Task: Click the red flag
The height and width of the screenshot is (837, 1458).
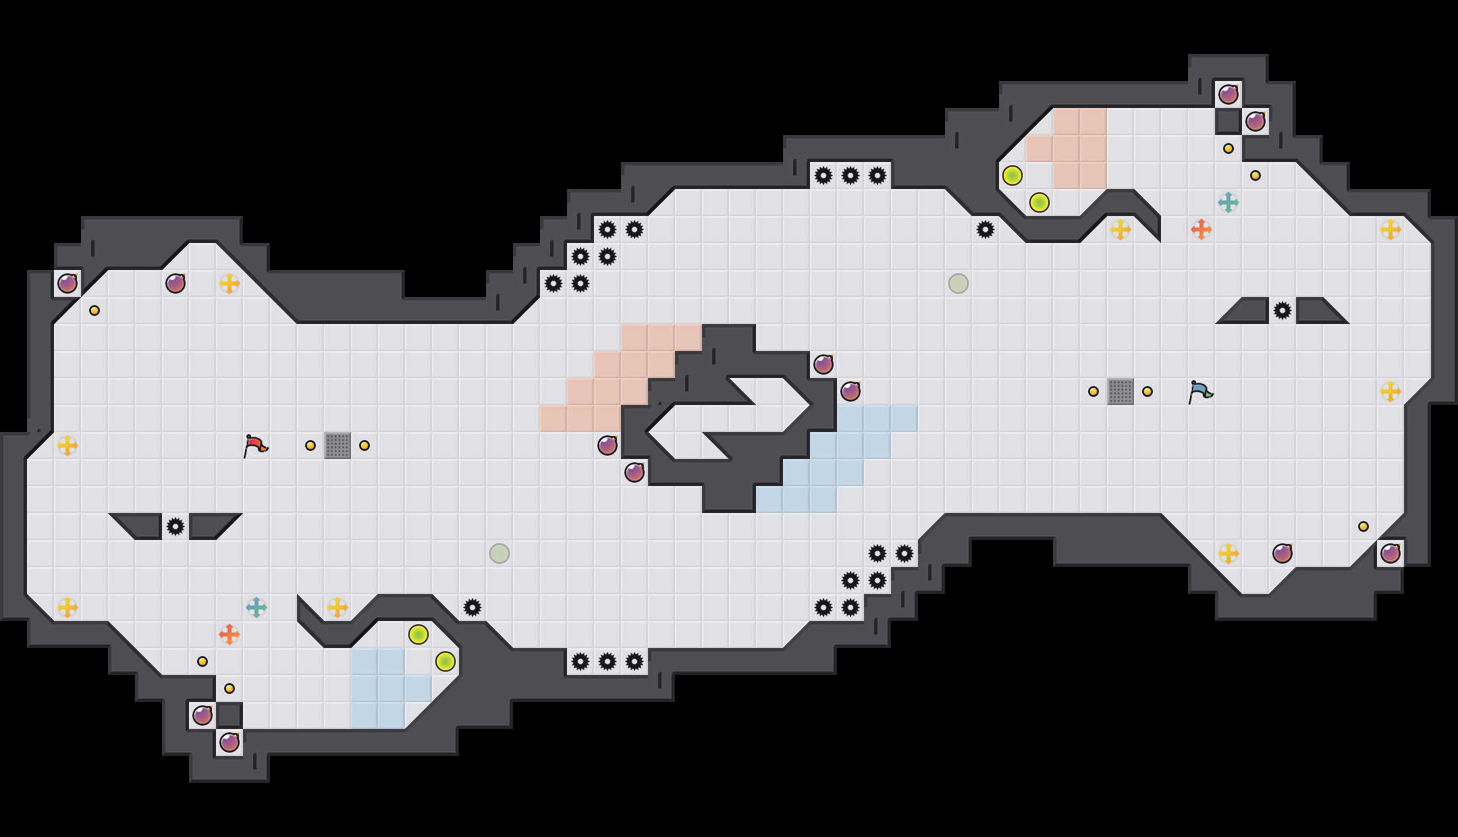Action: [255, 446]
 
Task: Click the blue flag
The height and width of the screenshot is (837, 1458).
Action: [1200, 391]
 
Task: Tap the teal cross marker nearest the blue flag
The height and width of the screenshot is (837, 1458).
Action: [1228, 202]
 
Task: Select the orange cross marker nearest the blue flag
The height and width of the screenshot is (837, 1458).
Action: [1201, 230]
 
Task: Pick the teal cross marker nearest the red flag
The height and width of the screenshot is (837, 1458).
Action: [256, 607]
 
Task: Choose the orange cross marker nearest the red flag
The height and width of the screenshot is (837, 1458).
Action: [230, 634]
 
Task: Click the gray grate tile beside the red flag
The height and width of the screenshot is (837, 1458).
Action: [337, 446]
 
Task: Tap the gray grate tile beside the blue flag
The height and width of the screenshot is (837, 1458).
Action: [1120, 391]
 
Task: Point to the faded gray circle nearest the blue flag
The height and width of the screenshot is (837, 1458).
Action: [959, 283]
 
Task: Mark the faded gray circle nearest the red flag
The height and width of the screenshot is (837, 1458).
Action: [500, 553]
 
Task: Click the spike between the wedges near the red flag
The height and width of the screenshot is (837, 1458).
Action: [175, 526]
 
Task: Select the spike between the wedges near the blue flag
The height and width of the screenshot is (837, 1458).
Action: [1282, 310]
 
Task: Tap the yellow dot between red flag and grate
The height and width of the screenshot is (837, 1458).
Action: [310, 446]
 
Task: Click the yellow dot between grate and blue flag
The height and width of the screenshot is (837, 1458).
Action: [1147, 391]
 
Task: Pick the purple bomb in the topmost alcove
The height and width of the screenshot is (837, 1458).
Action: [1228, 94]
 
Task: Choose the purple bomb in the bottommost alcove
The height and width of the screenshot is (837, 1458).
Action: [230, 742]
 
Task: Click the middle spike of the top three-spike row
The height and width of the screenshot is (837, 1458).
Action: [850, 175]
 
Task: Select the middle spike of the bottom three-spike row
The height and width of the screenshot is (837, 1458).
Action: [607, 661]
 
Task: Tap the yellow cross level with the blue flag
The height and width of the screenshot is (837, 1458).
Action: [1390, 391]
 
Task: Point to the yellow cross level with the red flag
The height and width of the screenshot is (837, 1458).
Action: [67, 446]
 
